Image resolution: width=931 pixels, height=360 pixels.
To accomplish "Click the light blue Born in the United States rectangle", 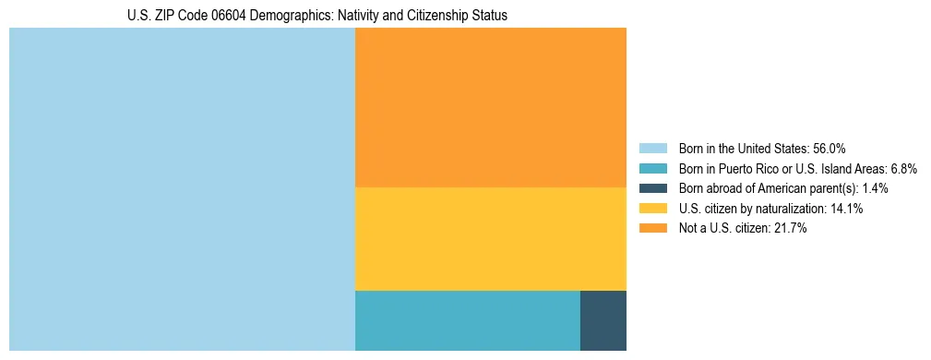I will coord(182,189).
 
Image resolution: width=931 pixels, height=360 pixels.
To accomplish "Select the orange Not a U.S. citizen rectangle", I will coord(490,107).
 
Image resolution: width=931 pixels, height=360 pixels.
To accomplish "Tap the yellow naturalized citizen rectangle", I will coord(490,239).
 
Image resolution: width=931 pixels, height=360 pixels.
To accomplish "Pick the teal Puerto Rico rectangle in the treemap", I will coord(467,320).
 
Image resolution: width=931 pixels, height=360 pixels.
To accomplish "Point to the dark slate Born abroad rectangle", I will coord(603,320).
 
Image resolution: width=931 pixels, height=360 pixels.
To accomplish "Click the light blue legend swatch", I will coord(652,149).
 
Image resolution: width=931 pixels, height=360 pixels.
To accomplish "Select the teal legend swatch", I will coord(652,169).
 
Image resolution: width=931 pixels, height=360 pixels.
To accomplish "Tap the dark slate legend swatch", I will coord(652,188).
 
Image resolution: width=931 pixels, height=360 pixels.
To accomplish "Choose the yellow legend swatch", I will coord(652,209).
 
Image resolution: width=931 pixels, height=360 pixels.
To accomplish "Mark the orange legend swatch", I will coord(652,228).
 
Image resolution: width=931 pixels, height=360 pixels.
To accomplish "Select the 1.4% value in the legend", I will coord(875,188).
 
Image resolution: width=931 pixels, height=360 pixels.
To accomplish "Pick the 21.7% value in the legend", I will coord(791,228).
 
